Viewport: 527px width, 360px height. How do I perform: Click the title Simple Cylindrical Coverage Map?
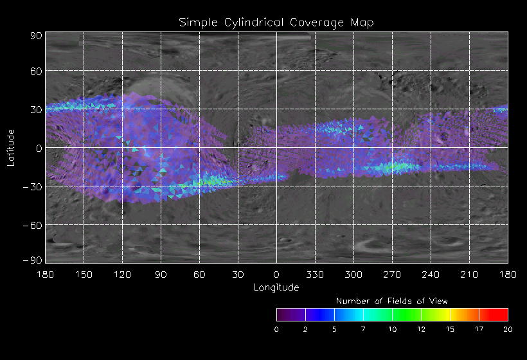(276, 22)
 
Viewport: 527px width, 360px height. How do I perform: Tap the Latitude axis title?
(11, 147)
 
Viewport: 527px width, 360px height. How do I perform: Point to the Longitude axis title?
(276, 287)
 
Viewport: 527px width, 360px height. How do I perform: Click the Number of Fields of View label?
(392, 301)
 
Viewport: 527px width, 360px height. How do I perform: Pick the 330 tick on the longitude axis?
(314, 274)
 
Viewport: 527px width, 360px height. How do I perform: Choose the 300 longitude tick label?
(353, 274)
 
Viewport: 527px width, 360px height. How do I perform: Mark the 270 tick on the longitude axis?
(391, 274)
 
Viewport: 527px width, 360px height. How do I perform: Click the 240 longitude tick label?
(430, 274)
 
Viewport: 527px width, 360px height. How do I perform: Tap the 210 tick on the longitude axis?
(469, 274)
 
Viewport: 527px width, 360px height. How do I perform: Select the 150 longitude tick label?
(83, 274)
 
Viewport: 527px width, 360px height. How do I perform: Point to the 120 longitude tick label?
(121, 274)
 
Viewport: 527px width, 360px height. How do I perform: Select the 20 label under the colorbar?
(508, 329)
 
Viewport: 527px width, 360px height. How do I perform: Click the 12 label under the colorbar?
(421, 329)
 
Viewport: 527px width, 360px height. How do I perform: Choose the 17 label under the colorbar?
(479, 329)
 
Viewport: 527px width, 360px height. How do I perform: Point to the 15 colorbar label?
(450, 329)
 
